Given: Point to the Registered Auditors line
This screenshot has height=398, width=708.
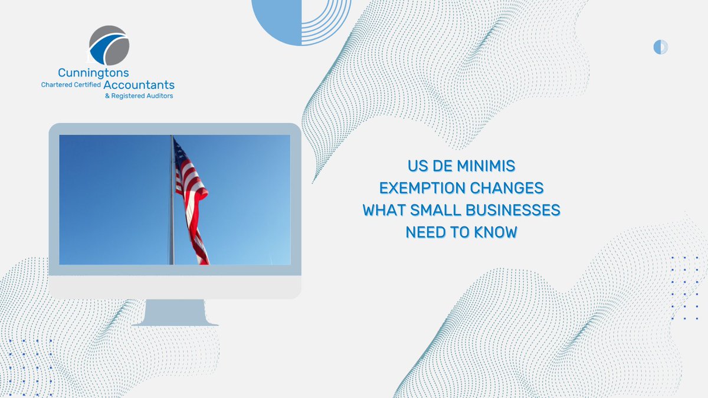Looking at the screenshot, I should coord(139,96).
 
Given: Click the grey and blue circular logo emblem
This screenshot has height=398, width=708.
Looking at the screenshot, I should coord(109,45).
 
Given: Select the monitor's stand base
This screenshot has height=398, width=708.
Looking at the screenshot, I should coord(175,321).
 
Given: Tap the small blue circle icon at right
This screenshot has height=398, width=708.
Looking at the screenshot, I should coord(660,48).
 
